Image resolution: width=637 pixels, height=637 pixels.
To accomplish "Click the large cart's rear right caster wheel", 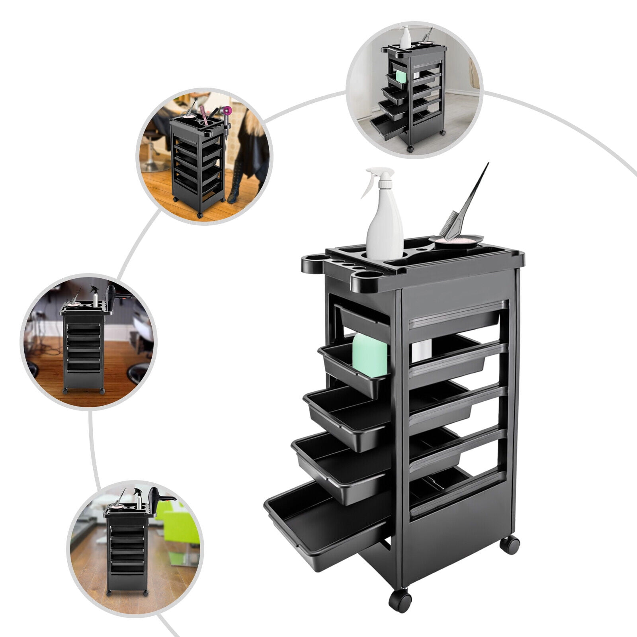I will click(510, 545).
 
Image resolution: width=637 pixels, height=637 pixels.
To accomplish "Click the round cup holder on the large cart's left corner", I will click(313, 265).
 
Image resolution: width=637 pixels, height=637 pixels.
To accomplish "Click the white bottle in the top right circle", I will click(405, 38).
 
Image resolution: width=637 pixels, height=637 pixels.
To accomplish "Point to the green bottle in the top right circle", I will click(401, 76).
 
